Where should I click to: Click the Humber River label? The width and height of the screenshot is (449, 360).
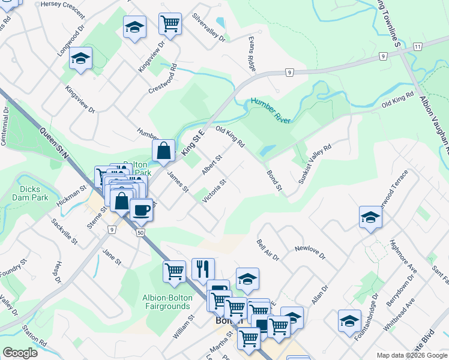pos(270,110)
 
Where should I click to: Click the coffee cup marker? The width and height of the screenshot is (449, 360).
pos(142,210)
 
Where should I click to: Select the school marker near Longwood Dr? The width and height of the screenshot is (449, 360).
pos(80,59)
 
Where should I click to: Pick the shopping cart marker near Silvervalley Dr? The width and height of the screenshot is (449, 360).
pos(170,25)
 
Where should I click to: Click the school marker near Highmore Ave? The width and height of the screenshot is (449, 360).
pos(370,217)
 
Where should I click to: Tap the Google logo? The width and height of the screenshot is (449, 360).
pos(20,353)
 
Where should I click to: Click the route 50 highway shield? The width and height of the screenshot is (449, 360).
pos(140,232)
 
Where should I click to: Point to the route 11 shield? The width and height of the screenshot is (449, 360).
pos(417,46)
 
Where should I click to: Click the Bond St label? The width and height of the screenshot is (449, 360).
pos(274,180)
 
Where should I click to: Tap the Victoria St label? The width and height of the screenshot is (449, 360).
pos(214,191)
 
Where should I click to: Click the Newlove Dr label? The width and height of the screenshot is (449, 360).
pos(310,249)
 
